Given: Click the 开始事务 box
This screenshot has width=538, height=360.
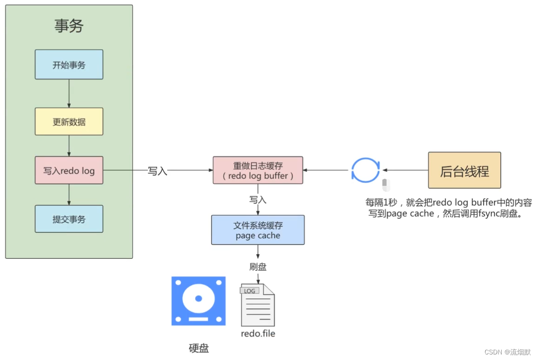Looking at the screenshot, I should pyautogui.click(x=69, y=65).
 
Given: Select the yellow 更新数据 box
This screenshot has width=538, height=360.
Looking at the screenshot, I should pyautogui.click(x=69, y=122).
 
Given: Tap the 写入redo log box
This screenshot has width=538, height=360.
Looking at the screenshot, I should pyautogui.click(x=69, y=170).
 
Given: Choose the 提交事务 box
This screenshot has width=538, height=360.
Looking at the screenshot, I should pyautogui.click(x=69, y=219).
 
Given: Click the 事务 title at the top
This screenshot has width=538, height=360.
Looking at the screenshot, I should pyautogui.click(x=69, y=26).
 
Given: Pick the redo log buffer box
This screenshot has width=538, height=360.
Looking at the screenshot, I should pyautogui.click(x=257, y=170).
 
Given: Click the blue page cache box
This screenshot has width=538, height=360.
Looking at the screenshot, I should pyautogui.click(x=257, y=230).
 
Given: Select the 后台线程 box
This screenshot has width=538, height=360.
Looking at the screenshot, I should pyautogui.click(x=464, y=170).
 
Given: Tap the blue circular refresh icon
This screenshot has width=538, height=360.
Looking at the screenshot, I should pyautogui.click(x=365, y=170).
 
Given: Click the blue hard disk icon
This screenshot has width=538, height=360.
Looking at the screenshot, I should pyautogui.click(x=198, y=301).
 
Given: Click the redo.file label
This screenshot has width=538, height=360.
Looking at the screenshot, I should pyautogui.click(x=258, y=334).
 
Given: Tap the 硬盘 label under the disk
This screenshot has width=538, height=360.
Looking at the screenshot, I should pyautogui.click(x=199, y=348).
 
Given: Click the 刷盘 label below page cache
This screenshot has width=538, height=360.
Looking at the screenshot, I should pyautogui.click(x=258, y=267).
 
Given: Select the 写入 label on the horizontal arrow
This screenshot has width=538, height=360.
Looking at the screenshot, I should pyautogui.click(x=157, y=171).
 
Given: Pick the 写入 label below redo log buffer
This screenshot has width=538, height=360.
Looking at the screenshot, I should pyautogui.click(x=258, y=200).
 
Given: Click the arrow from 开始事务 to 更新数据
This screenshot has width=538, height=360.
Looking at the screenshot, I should pyautogui.click(x=69, y=93).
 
